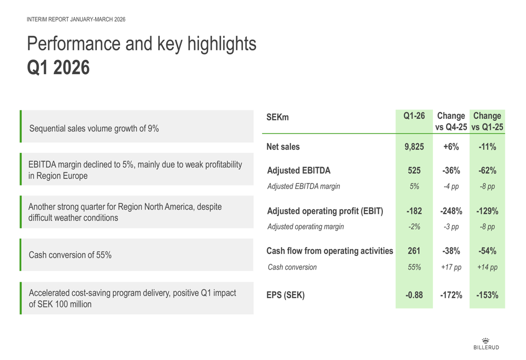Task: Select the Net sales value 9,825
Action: coord(414,147)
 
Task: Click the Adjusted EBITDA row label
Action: coord(299,171)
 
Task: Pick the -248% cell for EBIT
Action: coord(451,211)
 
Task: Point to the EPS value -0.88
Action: coord(414,295)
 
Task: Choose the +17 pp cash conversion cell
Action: coord(451,267)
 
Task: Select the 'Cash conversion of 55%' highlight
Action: coord(70,255)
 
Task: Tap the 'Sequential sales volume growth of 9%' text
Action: coord(94,128)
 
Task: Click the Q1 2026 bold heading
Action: coord(58,68)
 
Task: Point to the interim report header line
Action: coord(76,19)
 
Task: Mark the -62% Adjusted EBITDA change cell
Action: coord(488,171)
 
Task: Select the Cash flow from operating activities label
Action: coord(330,251)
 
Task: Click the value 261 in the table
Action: coord(414,251)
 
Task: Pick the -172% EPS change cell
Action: coord(451,295)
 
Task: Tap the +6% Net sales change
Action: coord(451,147)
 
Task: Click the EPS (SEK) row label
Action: coord(286,295)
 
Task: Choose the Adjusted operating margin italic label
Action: coord(306,227)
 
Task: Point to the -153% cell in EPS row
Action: coord(488,295)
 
